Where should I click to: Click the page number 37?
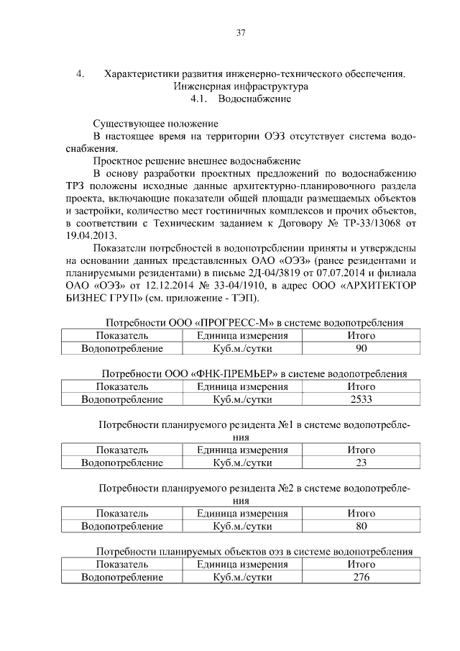pos(241,32)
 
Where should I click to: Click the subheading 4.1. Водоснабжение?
pos(240,99)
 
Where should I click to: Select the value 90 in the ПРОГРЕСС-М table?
pos(362,349)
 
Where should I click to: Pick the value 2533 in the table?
pos(362,399)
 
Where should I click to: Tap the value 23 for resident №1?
pos(362,463)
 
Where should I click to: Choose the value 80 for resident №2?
pos(362,527)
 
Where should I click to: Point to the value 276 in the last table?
pos(362,577)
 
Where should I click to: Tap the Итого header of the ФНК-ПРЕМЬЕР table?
pos(362,386)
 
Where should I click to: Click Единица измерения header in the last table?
pos(242,564)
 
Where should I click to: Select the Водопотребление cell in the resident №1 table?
pos(122,463)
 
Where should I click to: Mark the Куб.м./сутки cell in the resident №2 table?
pos(242,527)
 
